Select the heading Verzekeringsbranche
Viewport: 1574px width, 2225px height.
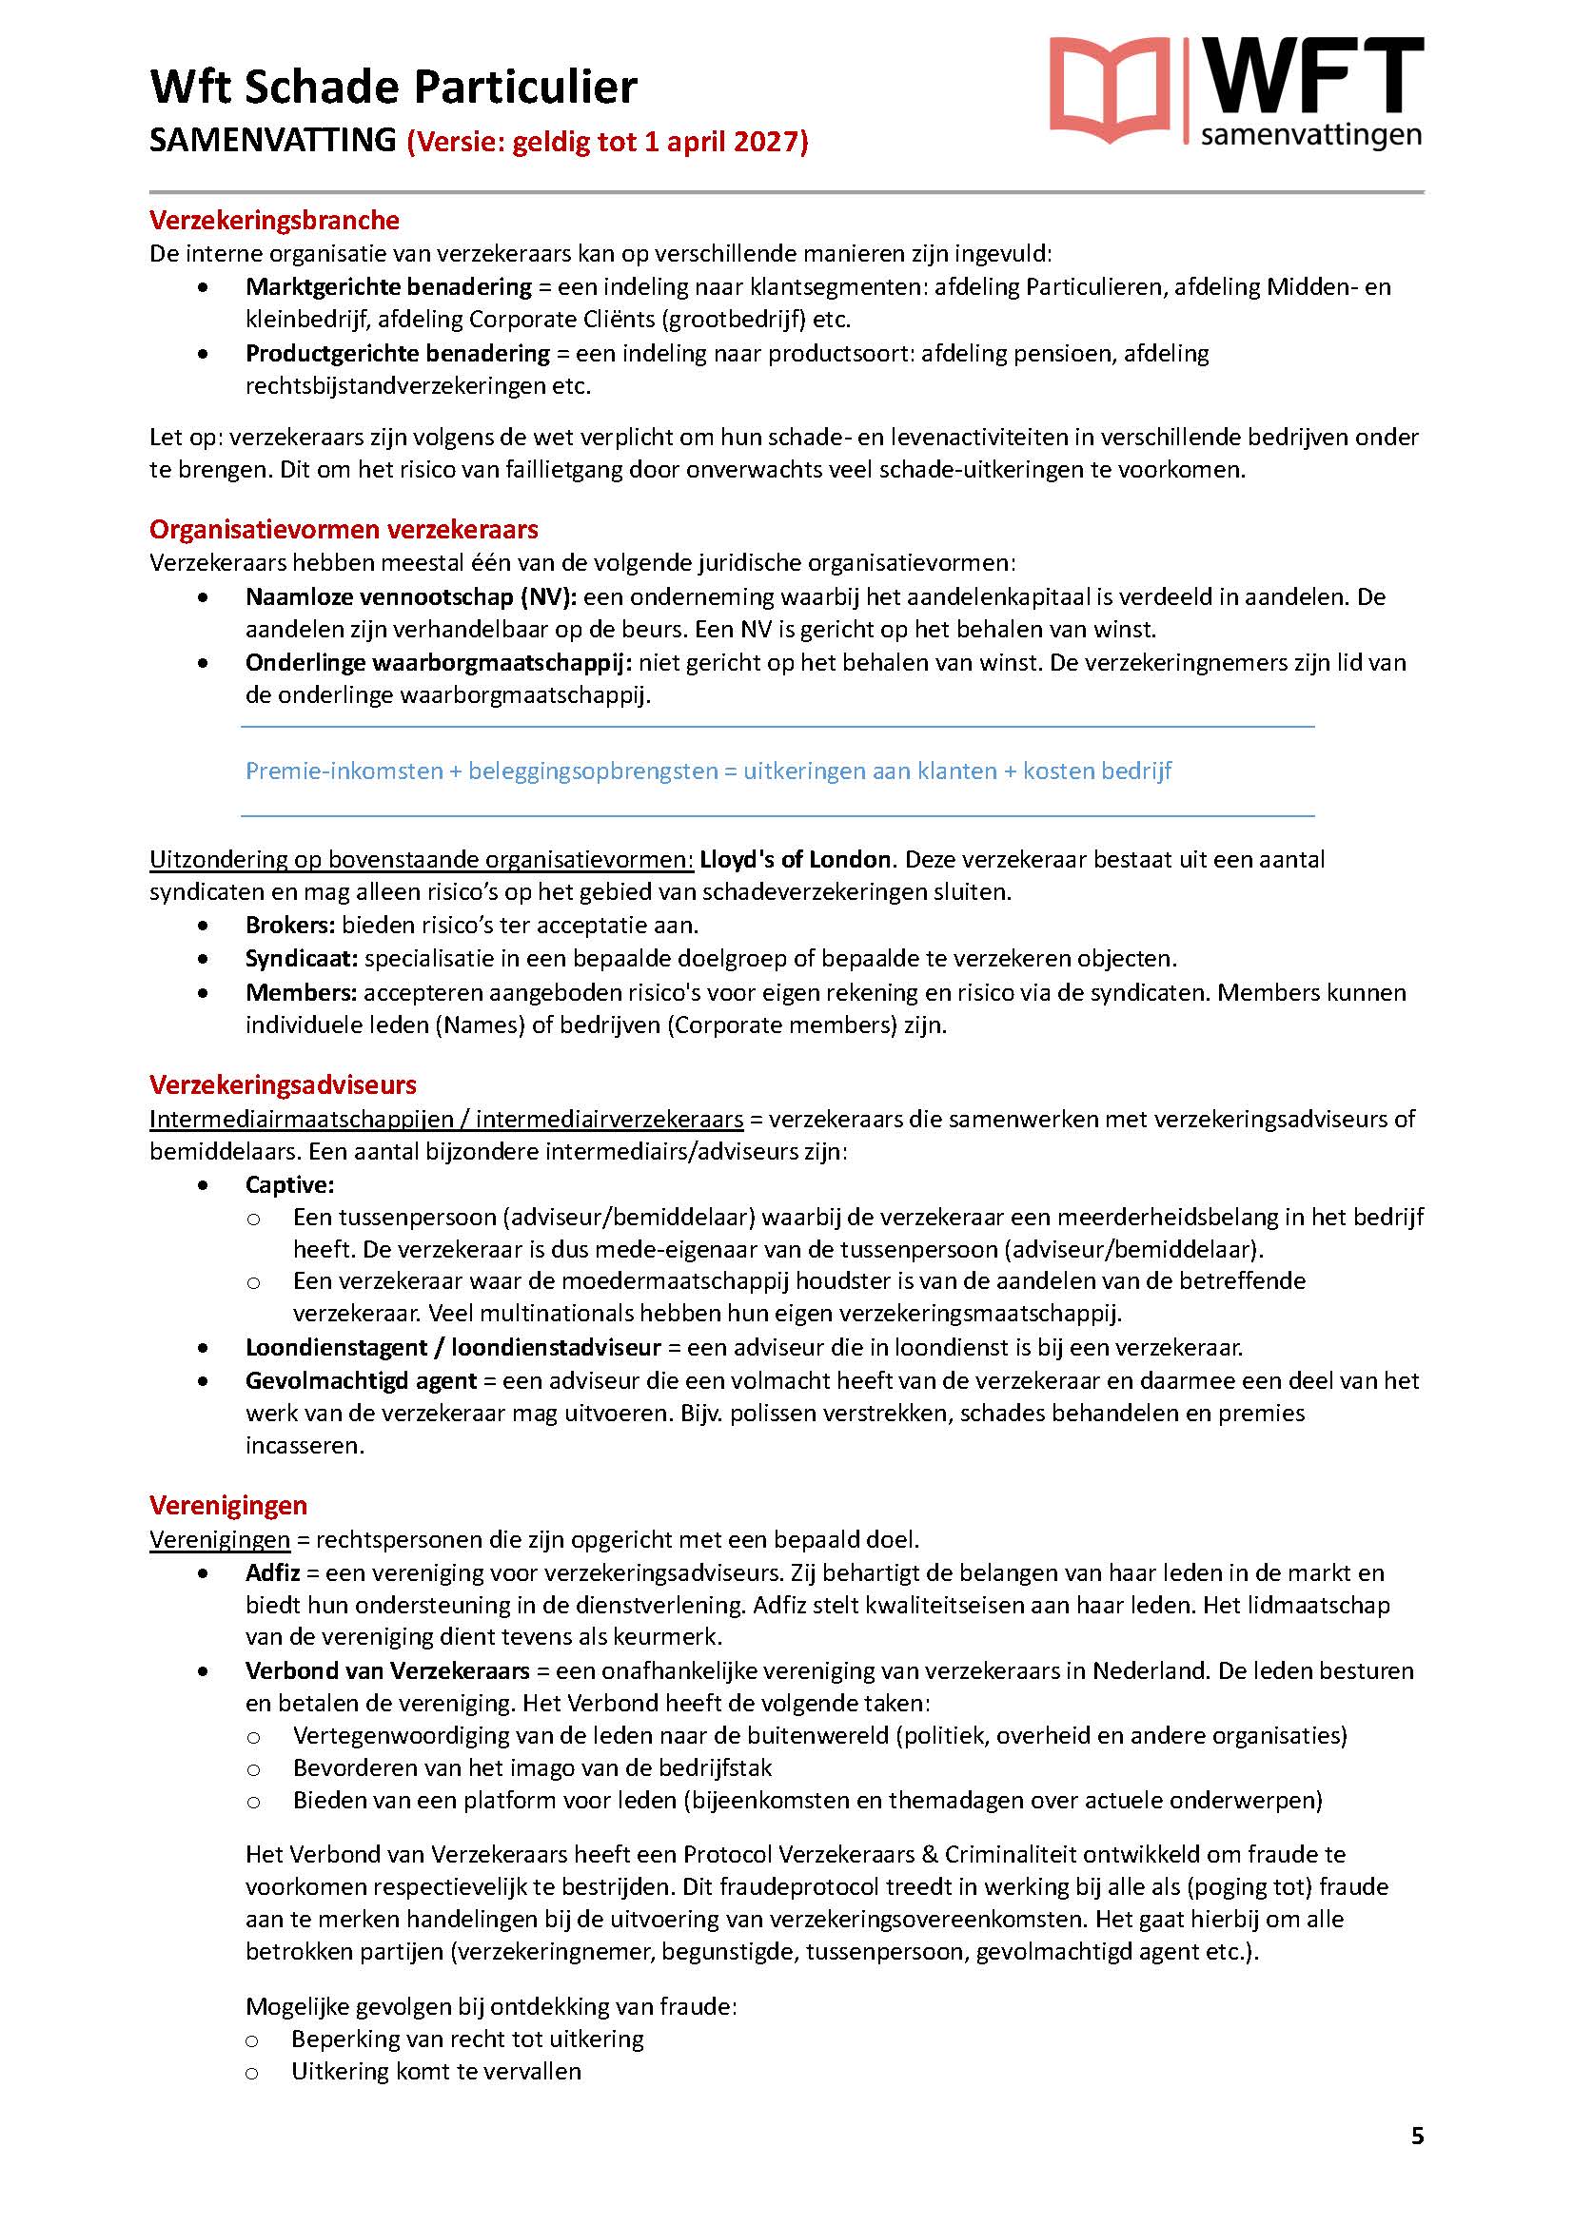(274, 220)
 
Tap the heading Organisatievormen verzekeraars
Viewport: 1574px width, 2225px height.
(344, 529)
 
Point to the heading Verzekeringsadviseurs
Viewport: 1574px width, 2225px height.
(283, 1084)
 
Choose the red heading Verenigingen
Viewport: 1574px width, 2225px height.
(227, 1505)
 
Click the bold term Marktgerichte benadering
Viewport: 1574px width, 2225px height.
(388, 287)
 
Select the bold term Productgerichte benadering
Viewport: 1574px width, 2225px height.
(398, 353)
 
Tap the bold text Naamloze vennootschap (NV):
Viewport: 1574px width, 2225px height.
(411, 597)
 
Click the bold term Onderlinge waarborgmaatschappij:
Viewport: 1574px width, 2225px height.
(438, 663)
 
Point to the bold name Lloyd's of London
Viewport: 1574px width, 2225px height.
(795, 860)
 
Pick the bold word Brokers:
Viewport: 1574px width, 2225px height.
(290, 926)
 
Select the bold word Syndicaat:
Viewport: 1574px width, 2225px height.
(302, 959)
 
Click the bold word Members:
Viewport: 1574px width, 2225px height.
(302, 992)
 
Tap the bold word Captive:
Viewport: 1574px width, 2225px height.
(290, 1184)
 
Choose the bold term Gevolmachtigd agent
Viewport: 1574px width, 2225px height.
(361, 1380)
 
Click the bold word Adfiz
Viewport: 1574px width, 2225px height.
(272, 1571)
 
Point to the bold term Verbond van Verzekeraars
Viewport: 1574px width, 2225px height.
(387, 1670)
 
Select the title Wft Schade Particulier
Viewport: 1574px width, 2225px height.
(394, 88)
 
